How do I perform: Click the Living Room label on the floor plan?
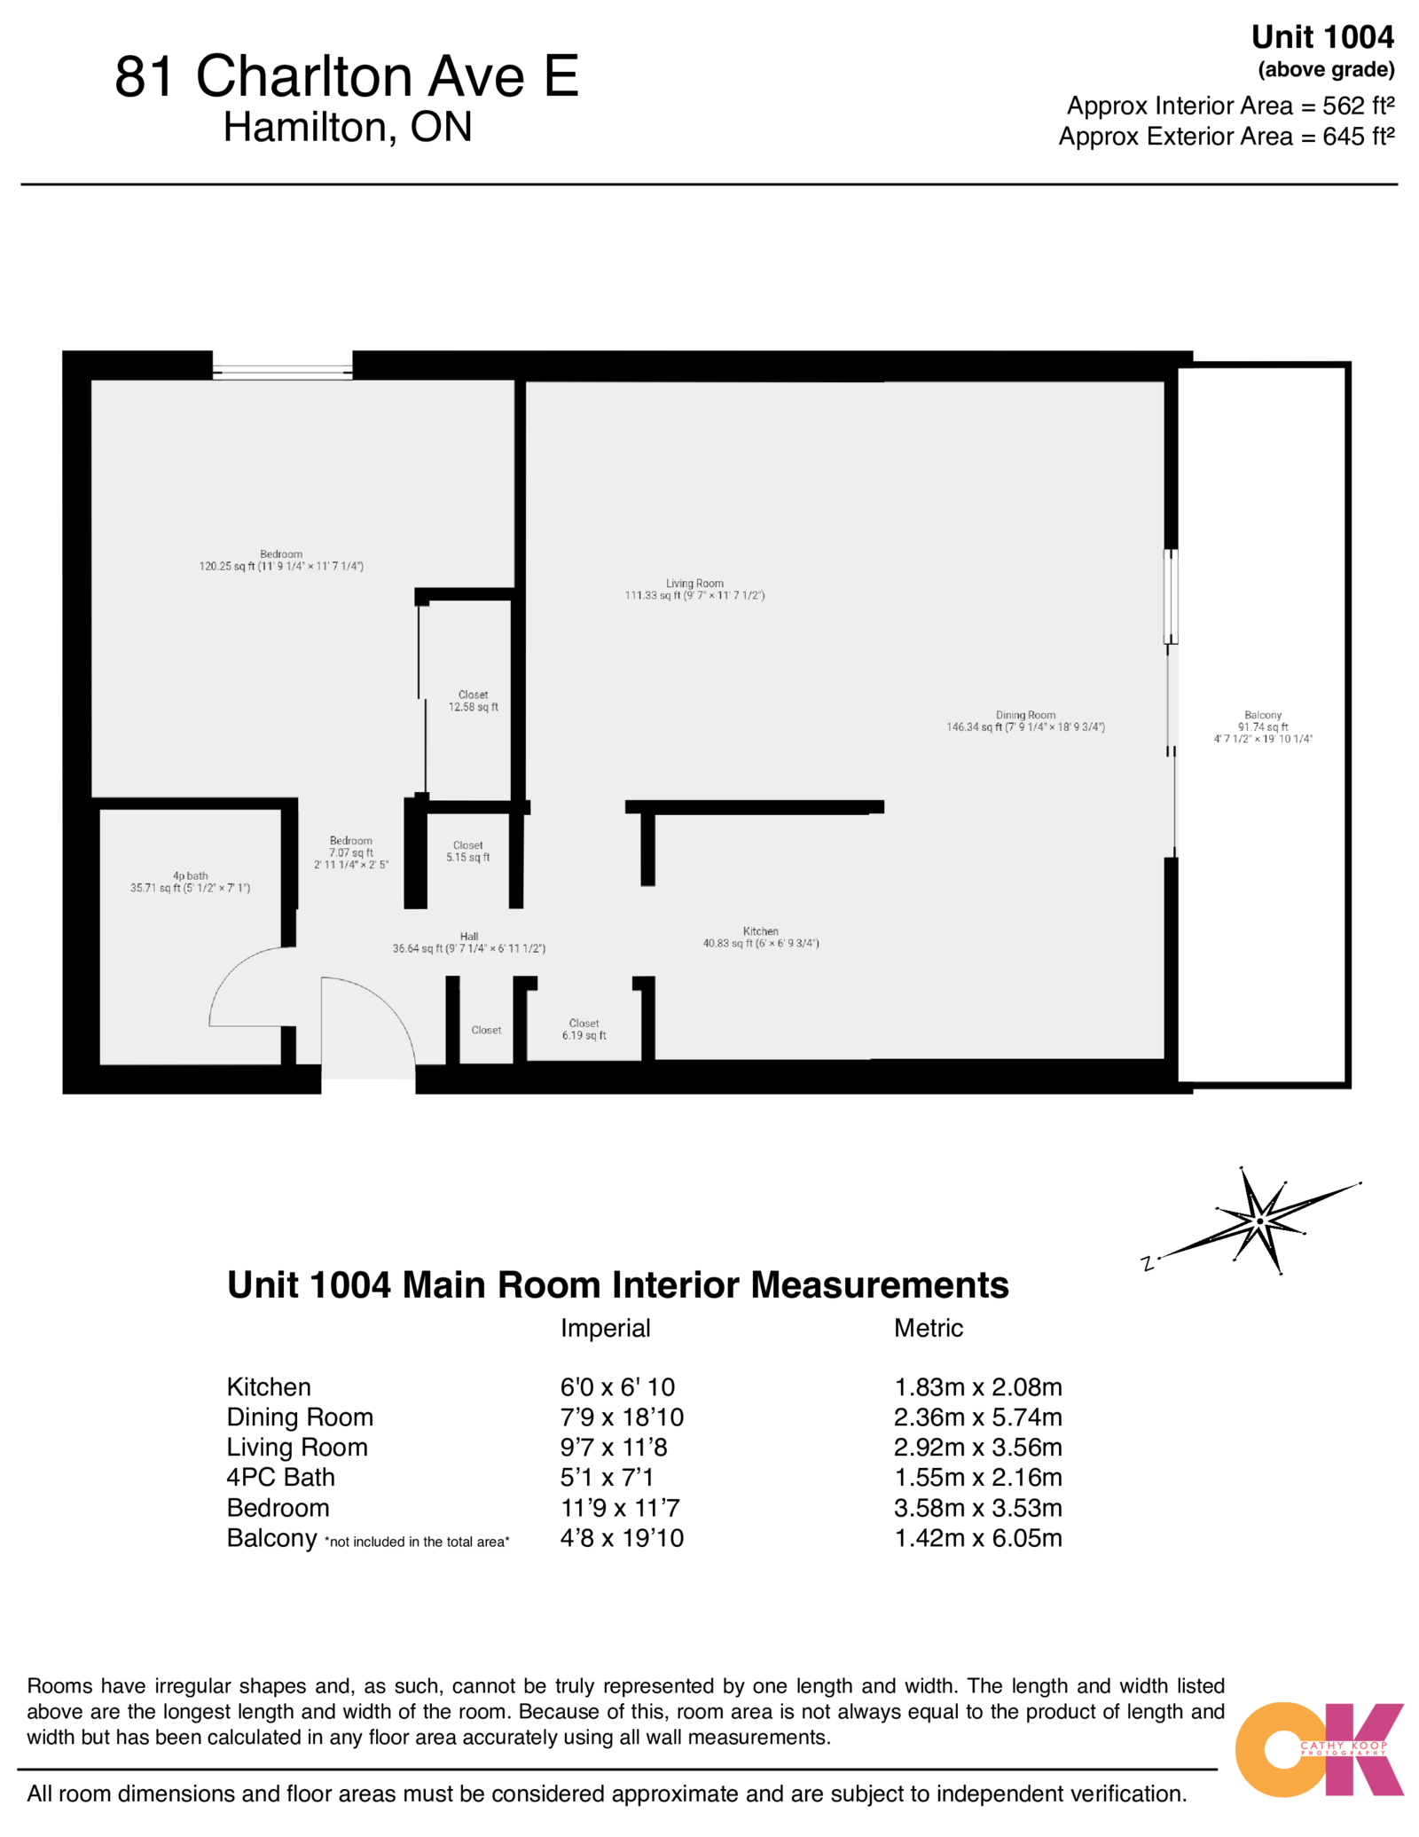pos(694,589)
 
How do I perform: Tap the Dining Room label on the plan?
pos(1025,720)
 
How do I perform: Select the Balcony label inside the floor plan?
pos(1263,726)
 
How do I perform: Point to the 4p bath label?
pos(190,881)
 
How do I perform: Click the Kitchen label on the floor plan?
pos(760,937)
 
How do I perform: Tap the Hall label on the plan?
pos(468,942)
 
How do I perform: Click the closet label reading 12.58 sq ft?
pos(473,701)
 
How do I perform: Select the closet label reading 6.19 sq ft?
pos(584,1029)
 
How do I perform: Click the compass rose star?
pos(1260,1221)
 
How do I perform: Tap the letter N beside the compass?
pos(1148,1263)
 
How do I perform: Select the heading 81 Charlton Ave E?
pos(346,76)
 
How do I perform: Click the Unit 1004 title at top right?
pos(1321,37)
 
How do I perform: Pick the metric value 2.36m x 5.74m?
pos(977,1417)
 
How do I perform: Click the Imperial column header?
pos(605,1328)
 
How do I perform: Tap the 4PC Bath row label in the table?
pos(280,1477)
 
